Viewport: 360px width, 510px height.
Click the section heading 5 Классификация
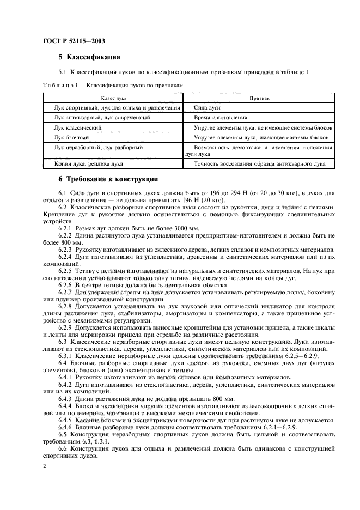(x=89, y=57)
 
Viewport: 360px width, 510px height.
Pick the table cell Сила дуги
(x=208, y=108)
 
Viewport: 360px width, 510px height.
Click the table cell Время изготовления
(x=221, y=118)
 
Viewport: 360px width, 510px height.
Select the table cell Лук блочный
(x=71, y=137)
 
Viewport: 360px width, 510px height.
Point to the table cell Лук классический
(x=78, y=127)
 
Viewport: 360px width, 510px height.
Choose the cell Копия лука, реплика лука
(x=88, y=163)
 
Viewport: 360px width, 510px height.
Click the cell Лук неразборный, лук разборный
(x=98, y=147)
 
